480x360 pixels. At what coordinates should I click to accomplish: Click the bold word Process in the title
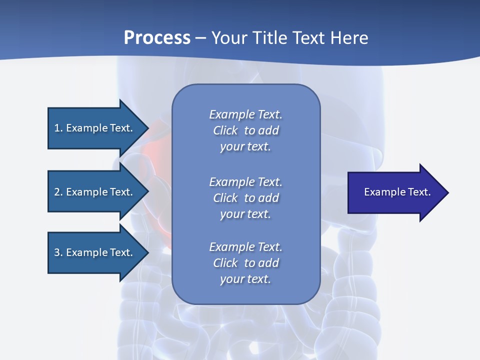coord(157,38)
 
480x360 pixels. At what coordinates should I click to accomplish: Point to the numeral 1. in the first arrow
coord(58,128)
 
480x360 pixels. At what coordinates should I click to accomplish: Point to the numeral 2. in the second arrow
coord(58,192)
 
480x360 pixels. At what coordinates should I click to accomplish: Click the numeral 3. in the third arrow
coord(58,252)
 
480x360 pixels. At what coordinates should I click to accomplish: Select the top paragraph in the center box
coord(245,130)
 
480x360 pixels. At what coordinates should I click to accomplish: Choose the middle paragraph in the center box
coord(245,198)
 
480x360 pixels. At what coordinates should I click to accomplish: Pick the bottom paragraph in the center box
coord(245,263)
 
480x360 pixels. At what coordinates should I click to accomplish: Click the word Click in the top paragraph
coord(225,130)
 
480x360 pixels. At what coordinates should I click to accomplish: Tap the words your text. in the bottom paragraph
coord(245,279)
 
